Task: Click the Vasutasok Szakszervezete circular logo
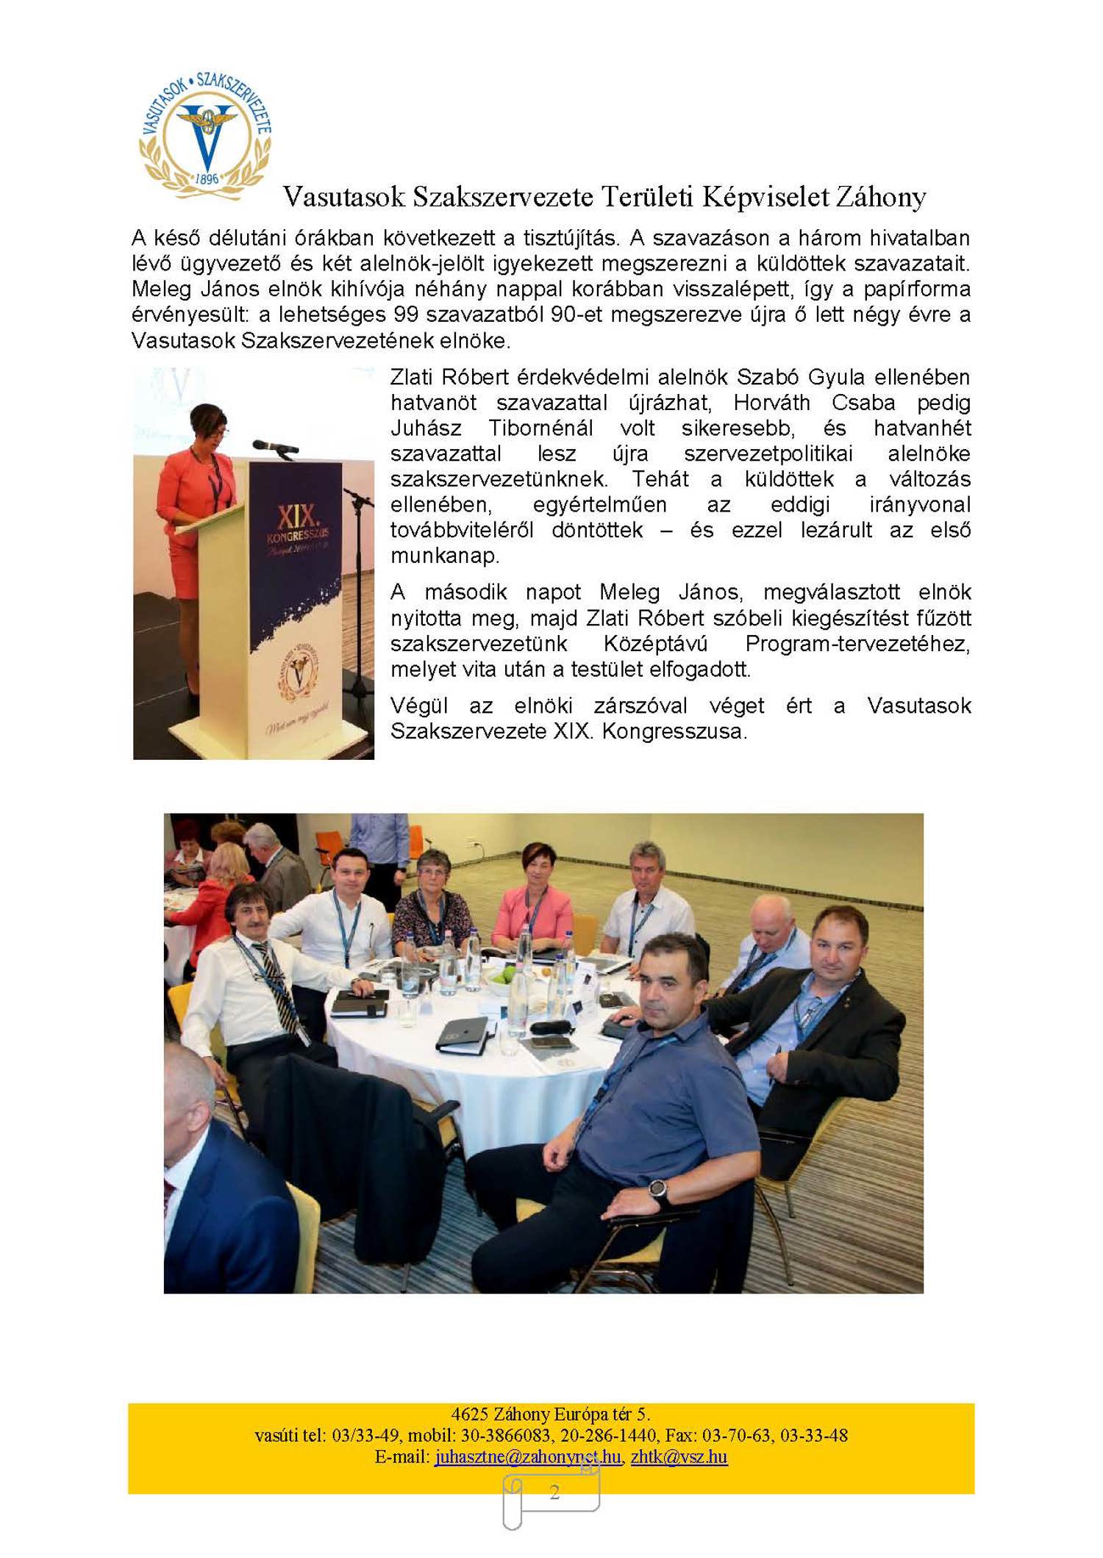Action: [x=205, y=135]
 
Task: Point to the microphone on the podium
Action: [x=274, y=445]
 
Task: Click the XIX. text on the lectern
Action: [x=298, y=514]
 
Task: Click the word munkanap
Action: [x=444, y=556]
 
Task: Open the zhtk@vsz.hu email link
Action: [x=679, y=1457]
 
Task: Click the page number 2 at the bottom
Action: [x=554, y=1491]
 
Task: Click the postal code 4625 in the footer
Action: [x=469, y=1414]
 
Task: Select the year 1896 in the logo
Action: [x=207, y=179]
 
